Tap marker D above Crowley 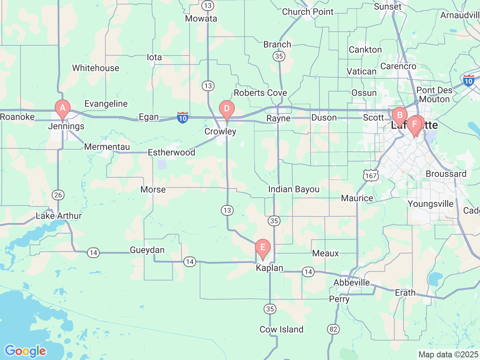pyautogui.click(x=226, y=109)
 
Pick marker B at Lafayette pyautogui.click(x=399, y=115)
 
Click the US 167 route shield pyautogui.click(x=370, y=175)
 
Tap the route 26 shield pyautogui.click(x=58, y=195)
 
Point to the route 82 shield pyautogui.click(x=333, y=329)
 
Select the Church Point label pyautogui.click(x=307, y=12)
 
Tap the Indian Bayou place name pyautogui.click(x=294, y=189)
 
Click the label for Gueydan pyautogui.click(x=147, y=250)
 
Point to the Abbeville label pyautogui.click(x=351, y=282)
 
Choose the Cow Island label pyautogui.click(x=281, y=330)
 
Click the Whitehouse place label pyautogui.click(x=96, y=68)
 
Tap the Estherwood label pyautogui.click(x=171, y=153)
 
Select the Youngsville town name pyautogui.click(x=430, y=204)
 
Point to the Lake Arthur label pyautogui.click(x=58, y=216)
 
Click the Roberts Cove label pyautogui.click(x=260, y=93)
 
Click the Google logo pyautogui.click(x=25, y=351)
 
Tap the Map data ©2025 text pyautogui.click(x=448, y=354)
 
